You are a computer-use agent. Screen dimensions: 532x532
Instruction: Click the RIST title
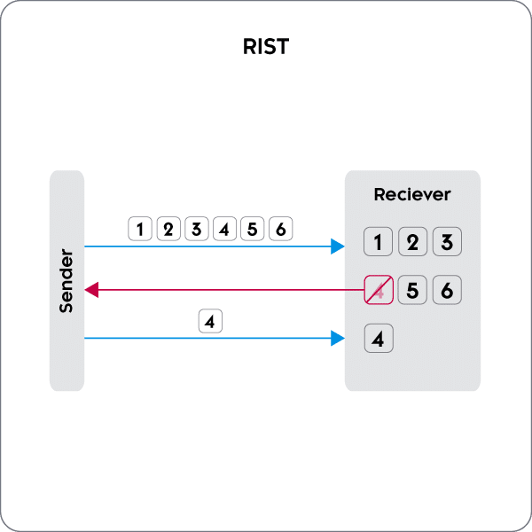click(x=265, y=47)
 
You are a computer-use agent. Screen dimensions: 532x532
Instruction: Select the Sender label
click(x=66, y=281)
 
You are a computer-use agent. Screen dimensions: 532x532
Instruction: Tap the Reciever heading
click(x=412, y=194)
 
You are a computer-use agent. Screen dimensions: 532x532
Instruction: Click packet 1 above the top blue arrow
click(x=140, y=229)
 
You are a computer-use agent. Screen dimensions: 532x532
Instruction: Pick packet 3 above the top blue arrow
click(x=196, y=229)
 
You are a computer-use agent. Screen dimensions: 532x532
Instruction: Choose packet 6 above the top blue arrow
click(x=280, y=229)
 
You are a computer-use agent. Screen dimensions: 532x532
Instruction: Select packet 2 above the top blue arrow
click(x=168, y=229)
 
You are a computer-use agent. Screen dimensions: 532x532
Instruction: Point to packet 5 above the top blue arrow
click(x=252, y=229)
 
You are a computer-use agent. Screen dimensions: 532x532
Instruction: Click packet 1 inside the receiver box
click(x=379, y=242)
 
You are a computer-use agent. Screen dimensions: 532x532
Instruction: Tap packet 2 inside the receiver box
click(x=412, y=242)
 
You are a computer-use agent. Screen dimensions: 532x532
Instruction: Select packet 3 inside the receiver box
click(x=446, y=242)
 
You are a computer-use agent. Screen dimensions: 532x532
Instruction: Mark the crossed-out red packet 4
click(x=379, y=290)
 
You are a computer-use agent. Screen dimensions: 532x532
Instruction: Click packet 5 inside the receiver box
click(x=412, y=290)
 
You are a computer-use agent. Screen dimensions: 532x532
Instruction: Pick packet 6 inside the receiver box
click(x=446, y=290)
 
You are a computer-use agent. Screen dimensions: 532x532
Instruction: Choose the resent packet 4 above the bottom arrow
click(x=209, y=321)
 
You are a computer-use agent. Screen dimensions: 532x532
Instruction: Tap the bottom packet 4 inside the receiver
click(x=379, y=338)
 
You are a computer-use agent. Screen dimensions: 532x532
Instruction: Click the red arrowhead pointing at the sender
click(x=90, y=289)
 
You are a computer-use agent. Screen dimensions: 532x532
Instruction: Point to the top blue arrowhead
click(x=338, y=246)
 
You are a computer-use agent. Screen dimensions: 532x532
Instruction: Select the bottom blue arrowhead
click(x=338, y=338)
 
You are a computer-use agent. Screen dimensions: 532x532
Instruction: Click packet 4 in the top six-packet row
click(x=224, y=229)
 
